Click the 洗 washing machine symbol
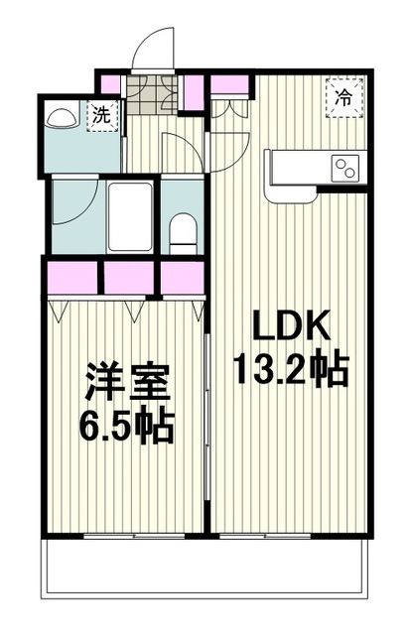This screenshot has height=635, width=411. [x=102, y=115]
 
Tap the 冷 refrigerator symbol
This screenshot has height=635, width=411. [x=342, y=97]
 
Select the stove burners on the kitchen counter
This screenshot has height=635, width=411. [x=345, y=167]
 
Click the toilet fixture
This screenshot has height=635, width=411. [x=182, y=231]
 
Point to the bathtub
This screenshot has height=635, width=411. [x=129, y=216]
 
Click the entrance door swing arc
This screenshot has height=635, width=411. [x=153, y=48]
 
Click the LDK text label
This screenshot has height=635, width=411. [x=287, y=326]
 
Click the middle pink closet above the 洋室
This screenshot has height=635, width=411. [x=129, y=278]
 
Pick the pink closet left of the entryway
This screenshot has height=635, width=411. [x=109, y=85]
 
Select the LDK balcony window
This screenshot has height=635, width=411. [x=288, y=536]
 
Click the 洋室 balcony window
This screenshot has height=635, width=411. [x=124, y=536]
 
